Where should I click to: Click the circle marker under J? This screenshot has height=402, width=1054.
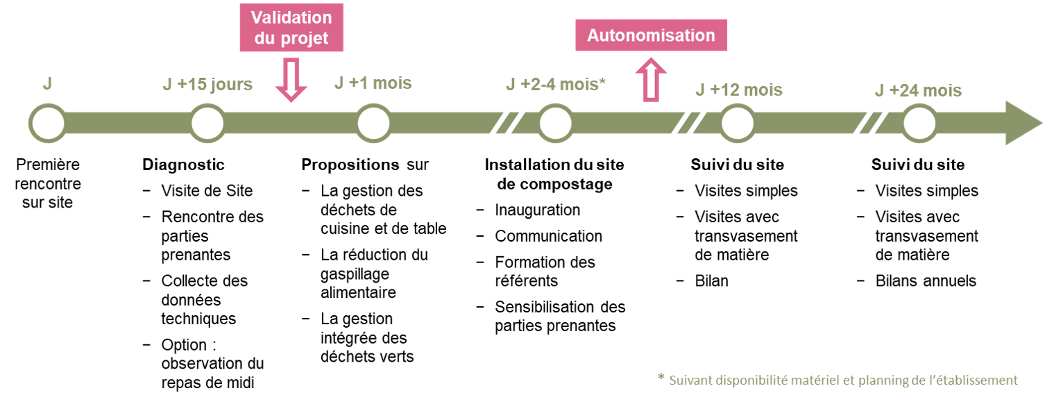point(47,124)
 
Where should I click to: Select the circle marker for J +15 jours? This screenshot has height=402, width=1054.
point(207,124)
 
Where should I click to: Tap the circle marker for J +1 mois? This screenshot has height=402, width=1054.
point(373,124)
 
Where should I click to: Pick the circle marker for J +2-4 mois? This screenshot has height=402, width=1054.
point(555,124)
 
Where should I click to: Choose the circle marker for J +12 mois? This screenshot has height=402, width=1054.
point(737,124)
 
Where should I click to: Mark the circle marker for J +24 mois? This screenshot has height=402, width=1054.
point(919,124)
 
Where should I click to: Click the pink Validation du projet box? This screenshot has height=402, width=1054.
point(291,28)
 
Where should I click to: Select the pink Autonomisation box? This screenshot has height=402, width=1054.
point(651,35)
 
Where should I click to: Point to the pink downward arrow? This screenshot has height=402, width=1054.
point(291,81)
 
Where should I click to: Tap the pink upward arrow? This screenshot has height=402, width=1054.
point(651,80)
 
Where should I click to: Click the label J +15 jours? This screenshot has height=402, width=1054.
point(207,85)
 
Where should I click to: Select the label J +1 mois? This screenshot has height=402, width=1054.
point(373,83)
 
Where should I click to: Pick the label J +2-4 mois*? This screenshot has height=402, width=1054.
point(556,85)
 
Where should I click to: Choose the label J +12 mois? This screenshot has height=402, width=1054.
point(739,90)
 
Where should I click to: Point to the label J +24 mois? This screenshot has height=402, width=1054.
point(918,90)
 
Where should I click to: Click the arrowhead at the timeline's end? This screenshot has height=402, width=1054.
point(1023,123)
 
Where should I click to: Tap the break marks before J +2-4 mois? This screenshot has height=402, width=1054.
point(507,124)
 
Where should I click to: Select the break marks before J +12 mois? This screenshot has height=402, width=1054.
point(688,124)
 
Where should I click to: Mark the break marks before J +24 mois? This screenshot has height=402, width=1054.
point(870,124)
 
